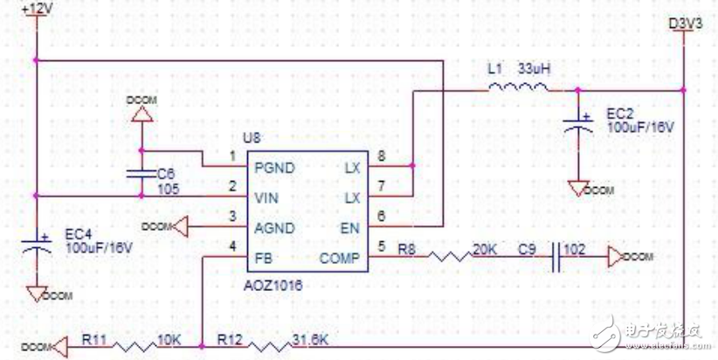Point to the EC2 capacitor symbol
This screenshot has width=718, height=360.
point(576,122)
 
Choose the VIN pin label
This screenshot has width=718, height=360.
point(267,197)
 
